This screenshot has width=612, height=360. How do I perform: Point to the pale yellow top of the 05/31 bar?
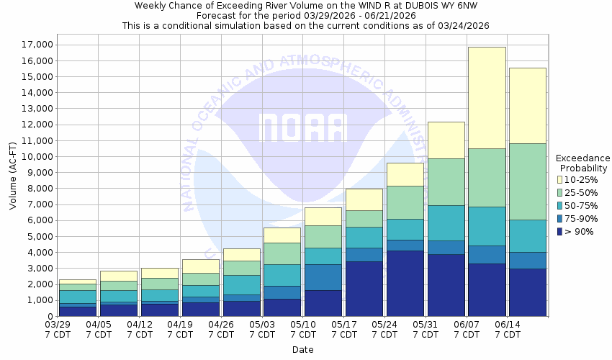pyautogui.click(x=446, y=140)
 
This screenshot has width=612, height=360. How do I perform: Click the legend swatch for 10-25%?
pyautogui.click(x=559, y=179)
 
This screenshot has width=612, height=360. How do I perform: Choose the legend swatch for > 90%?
pyautogui.click(x=559, y=231)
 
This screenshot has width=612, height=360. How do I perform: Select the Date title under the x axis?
pyautogui.click(x=302, y=350)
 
